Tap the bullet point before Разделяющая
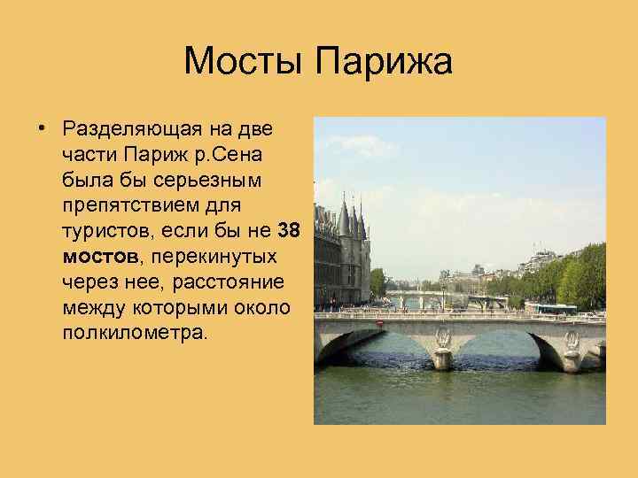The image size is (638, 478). tap(42, 129)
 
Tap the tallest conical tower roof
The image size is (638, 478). tap(343, 218)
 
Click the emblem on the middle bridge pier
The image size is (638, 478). tap(444, 338)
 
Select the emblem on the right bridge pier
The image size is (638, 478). tap(572, 340)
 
